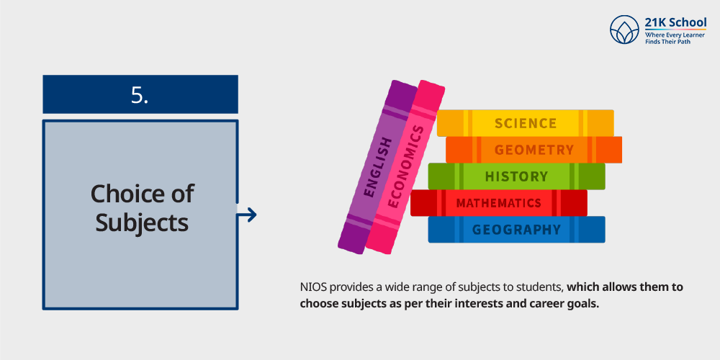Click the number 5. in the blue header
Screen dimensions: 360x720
(140, 95)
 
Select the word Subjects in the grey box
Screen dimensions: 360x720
(142, 222)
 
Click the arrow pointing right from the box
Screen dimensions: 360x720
(247, 215)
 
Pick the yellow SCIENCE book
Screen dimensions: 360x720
(525, 123)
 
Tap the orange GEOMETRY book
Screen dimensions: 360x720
(534, 150)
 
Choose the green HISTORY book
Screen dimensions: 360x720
(516, 176)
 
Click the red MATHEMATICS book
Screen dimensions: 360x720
(498, 203)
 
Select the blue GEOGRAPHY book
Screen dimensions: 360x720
(516, 230)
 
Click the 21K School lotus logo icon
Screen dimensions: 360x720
(624, 30)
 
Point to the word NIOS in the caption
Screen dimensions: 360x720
(313, 287)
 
